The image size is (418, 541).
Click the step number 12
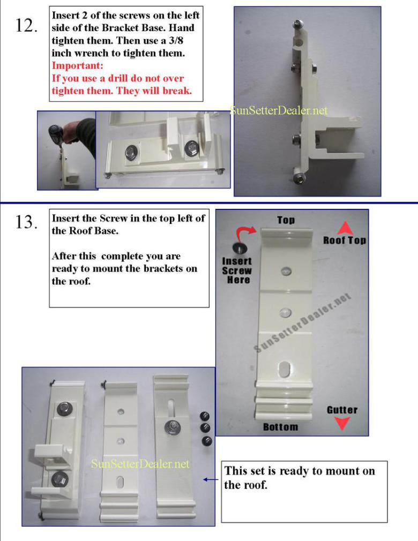[26, 26]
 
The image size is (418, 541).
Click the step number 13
[26, 222]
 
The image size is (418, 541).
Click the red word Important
[77, 65]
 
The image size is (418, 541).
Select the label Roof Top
[344, 240]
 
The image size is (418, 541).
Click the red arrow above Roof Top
[345, 228]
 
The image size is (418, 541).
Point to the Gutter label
[342, 410]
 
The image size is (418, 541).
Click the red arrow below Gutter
[342, 423]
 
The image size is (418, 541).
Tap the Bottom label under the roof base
[280, 427]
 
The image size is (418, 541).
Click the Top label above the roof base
[286, 220]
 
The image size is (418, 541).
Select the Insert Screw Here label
[237, 270]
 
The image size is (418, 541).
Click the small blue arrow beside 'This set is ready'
[211, 479]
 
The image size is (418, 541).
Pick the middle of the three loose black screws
[205, 428]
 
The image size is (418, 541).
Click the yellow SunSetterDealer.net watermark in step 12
[278, 110]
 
